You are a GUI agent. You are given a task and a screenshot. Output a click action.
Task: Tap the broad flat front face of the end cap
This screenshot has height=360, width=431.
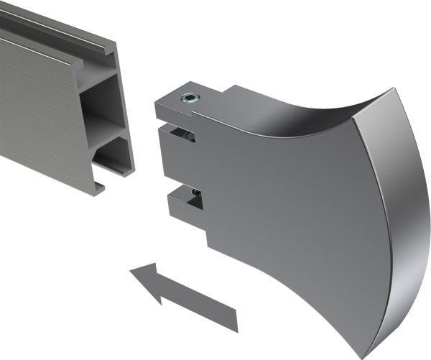(287, 216)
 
